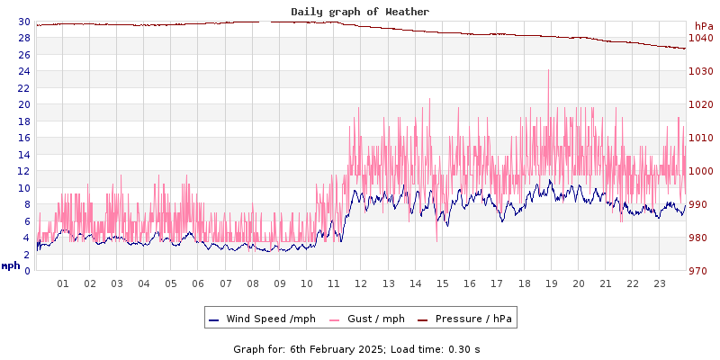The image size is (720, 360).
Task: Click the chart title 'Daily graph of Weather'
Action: [360, 12]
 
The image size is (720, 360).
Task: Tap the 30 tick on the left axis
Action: [23, 22]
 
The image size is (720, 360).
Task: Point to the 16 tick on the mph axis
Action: [23, 138]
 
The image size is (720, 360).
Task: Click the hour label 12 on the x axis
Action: [361, 283]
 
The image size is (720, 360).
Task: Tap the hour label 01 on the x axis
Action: [63, 283]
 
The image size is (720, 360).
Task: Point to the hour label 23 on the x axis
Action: [660, 283]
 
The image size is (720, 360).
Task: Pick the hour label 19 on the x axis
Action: [551, 283]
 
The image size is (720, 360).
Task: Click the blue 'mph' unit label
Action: [11, 266]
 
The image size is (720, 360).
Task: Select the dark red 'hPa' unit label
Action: [703, 26]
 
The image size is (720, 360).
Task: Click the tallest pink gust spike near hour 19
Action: [548, 72]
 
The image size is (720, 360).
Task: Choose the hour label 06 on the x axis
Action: [198, 283]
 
